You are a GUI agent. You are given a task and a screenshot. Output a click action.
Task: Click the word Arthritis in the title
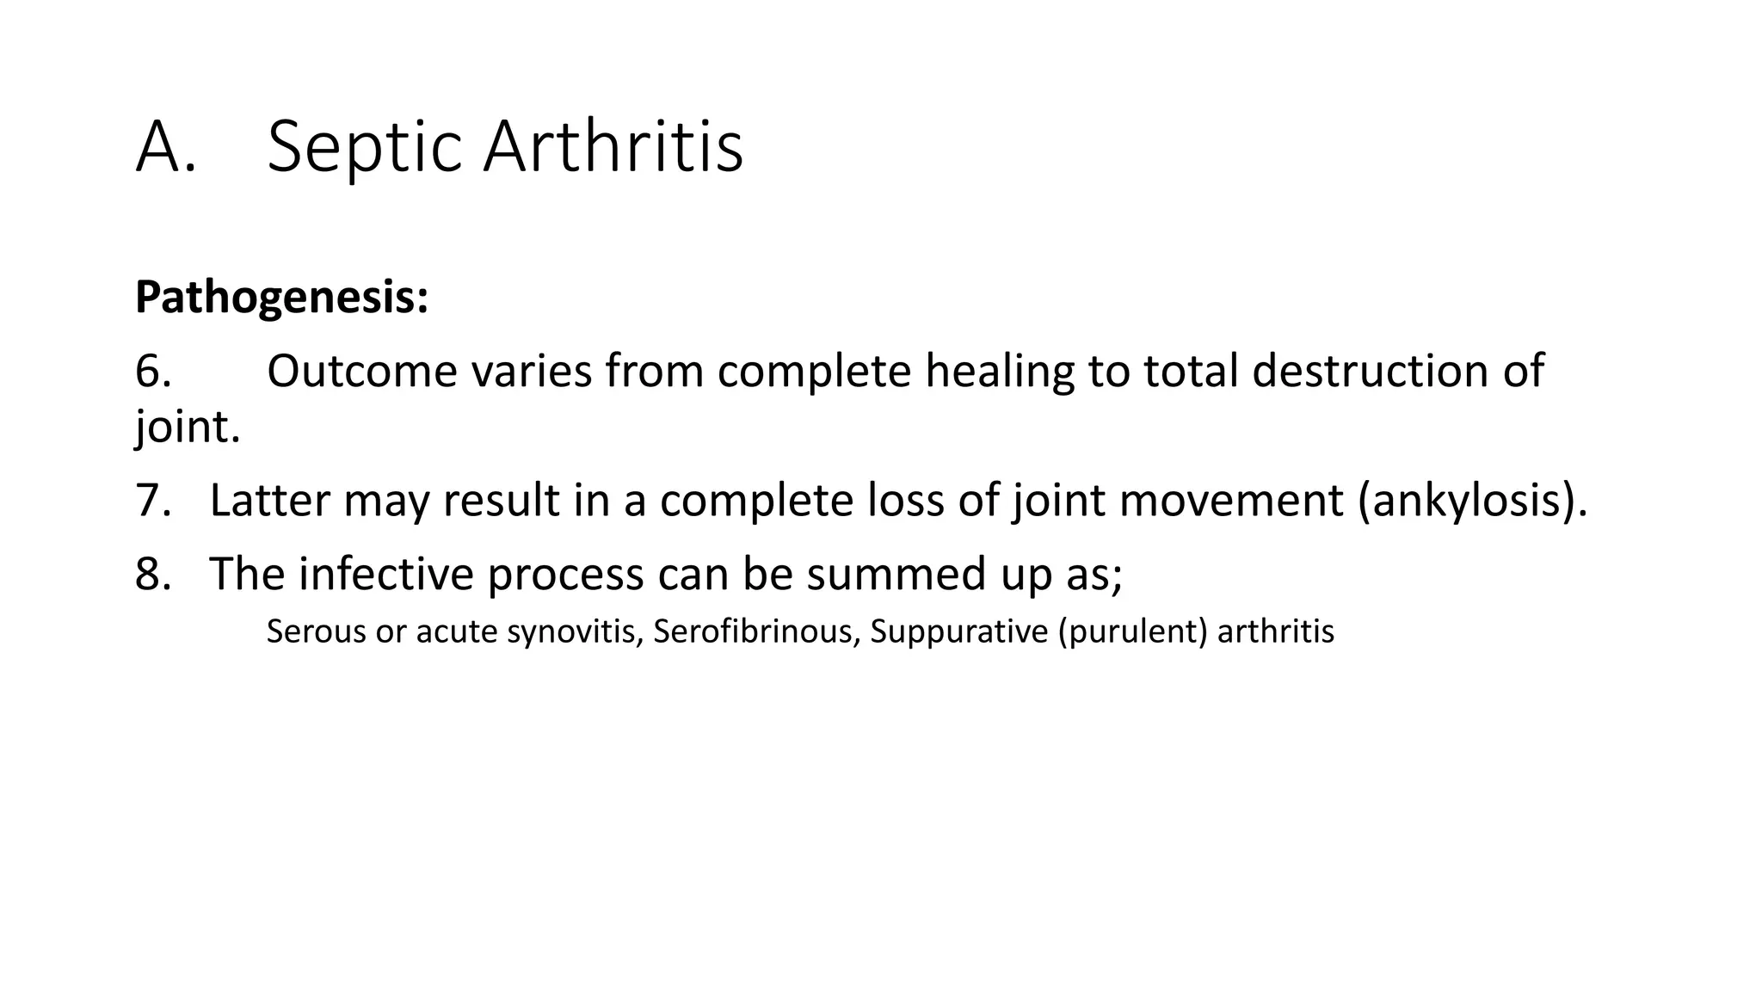click(x=613, y=148)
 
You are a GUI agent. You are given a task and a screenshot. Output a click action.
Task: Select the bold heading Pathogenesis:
click(x=281, y=298)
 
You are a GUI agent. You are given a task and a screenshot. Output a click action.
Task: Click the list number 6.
click(x=153, y=372)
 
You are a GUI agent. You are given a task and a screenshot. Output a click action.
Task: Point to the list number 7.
click(x=153, y=501)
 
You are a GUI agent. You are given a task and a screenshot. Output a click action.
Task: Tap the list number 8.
click(x=153, y=574)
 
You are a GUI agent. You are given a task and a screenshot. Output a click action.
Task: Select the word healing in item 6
click(x=999, y=372)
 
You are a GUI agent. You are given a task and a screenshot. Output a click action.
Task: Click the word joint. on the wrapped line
click(x=188, y=427)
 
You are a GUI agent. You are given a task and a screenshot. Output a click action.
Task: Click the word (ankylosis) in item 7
click(x=1469, y=501)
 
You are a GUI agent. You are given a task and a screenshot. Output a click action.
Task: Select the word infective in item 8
click(x=385, y=574)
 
